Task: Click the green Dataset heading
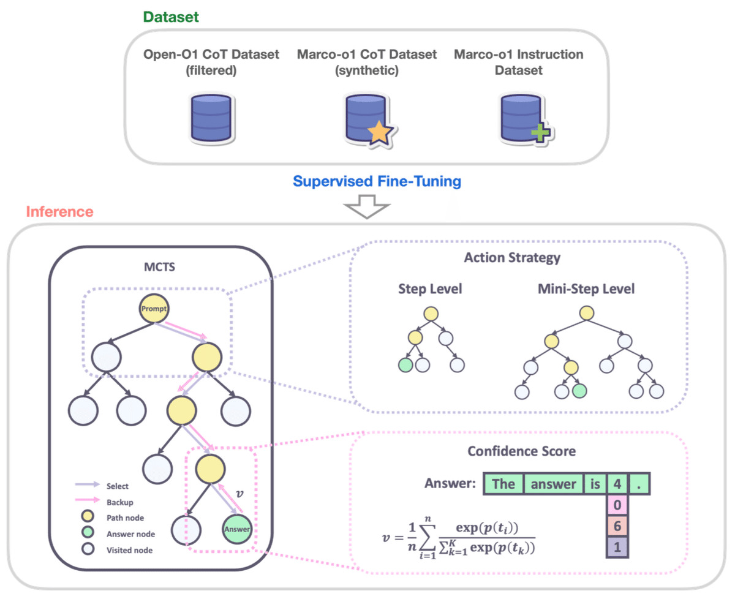point(171,17)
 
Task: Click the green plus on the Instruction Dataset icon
point(539,133)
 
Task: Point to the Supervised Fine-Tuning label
point(377,181)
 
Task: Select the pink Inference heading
point(59,212)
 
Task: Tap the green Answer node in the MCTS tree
point(236,528)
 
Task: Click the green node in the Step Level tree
point(404,365)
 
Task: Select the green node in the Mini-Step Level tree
point(579,390)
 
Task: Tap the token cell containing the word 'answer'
point(553,484)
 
